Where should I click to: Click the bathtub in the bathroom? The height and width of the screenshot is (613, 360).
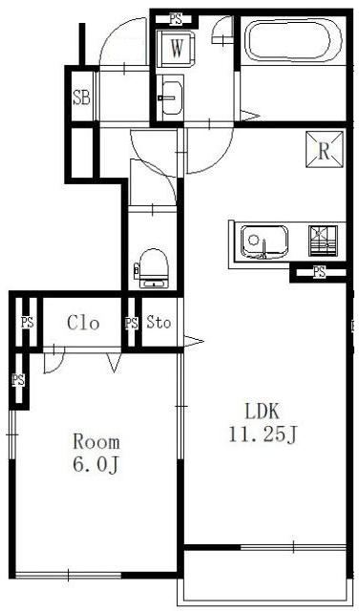click(293, 41)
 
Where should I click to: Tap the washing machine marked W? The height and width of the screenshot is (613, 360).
click(176, 49)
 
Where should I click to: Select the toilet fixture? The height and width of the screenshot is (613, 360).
click(153, 268)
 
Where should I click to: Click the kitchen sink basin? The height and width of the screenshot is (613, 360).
click(265, 242)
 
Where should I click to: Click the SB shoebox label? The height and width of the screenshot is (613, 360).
click(82, 97)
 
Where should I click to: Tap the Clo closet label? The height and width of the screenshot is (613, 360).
click(83, 323)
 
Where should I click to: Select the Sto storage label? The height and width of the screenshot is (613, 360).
click(159, 322)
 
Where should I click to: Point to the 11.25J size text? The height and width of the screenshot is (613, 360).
click(263, 433)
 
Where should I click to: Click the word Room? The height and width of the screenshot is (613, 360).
click(96, 442)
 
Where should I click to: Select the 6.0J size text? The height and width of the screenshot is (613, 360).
click(95, 465)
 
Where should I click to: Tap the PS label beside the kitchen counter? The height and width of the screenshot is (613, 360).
click(319, 272)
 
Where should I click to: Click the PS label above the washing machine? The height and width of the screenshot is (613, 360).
click(176, 19)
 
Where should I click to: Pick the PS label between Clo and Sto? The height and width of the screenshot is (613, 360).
click(132, 323)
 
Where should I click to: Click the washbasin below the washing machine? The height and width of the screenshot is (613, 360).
click(171, 97)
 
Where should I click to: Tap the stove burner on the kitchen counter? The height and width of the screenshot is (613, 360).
click(323, 241)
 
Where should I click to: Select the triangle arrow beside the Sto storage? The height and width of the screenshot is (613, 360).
click(194, 341)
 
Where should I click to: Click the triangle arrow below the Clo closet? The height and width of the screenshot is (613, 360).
click(114, 363)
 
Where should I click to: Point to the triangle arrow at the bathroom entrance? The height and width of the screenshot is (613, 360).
click(249, 116)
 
